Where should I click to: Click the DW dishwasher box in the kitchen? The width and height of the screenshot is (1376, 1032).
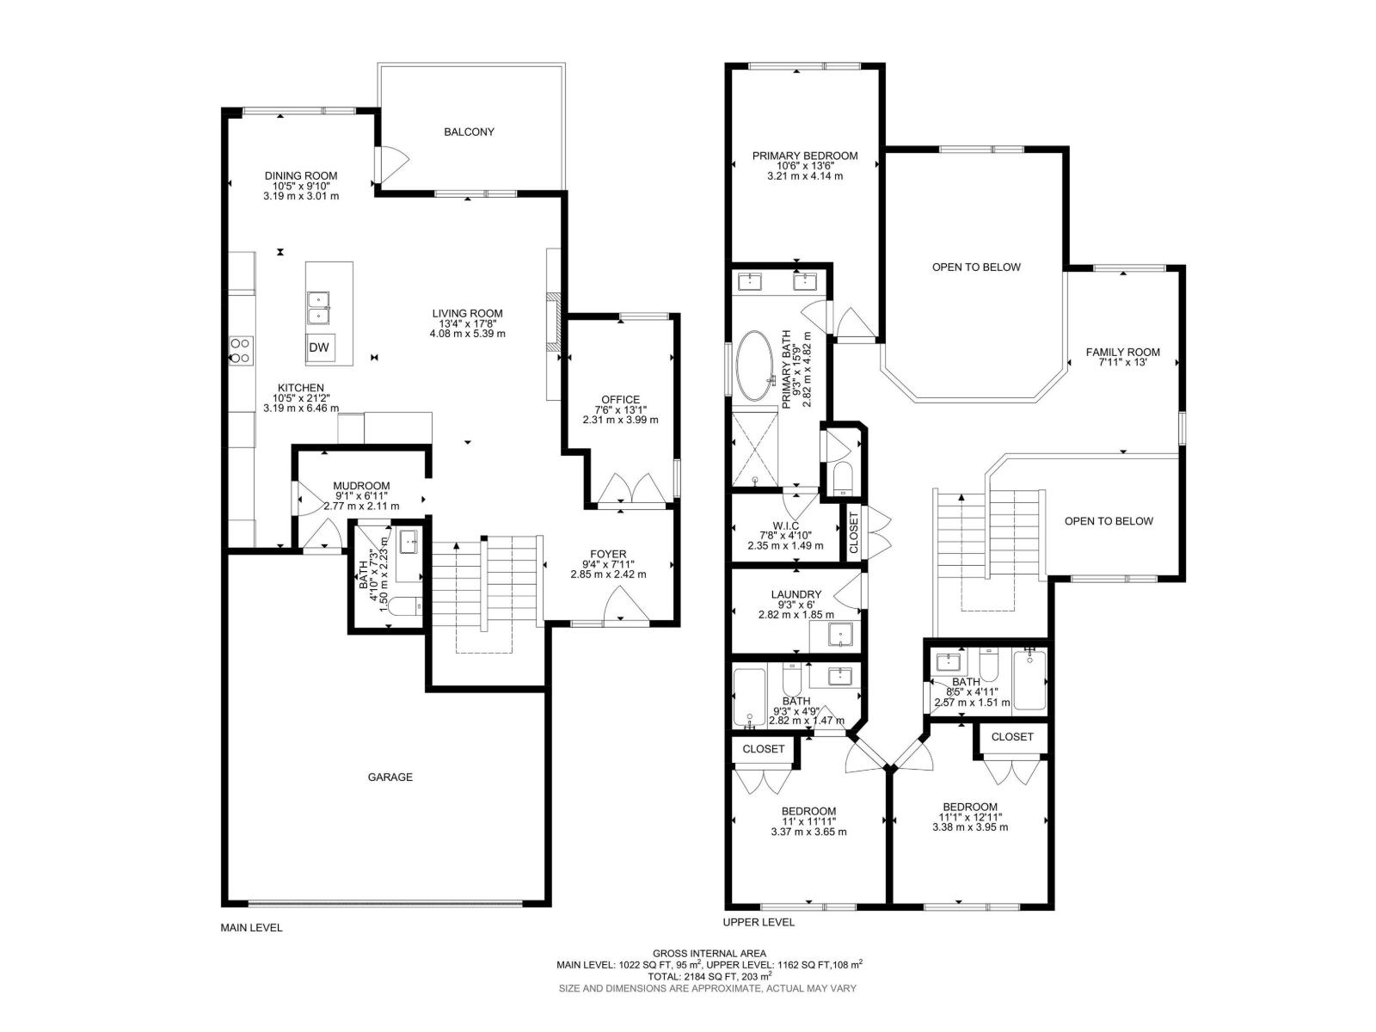tap(319, 347)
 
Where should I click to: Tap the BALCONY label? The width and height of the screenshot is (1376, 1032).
tap(469, 132)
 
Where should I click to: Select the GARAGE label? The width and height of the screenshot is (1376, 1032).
tap(390, 777)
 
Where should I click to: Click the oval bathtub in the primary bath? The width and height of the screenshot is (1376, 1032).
tap(755, 365)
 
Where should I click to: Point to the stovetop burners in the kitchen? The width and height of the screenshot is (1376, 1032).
tap(241, 350)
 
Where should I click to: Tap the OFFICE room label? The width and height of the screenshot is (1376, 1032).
tap(620, 399)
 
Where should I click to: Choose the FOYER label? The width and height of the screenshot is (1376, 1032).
tap(608, 554)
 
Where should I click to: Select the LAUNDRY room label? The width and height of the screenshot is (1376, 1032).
tap(795, 593)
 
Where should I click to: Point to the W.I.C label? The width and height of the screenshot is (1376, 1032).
tap(785, 525)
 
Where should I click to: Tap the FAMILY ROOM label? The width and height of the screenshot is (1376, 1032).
tap(1122, 352)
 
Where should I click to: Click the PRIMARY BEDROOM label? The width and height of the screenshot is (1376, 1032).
tap(804, 156)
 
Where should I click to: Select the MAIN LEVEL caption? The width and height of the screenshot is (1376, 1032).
tap(251, 928)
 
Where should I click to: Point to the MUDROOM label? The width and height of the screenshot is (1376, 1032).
tap(361, 486)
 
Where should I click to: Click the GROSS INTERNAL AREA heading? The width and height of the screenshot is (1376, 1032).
tap(709, 953)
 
